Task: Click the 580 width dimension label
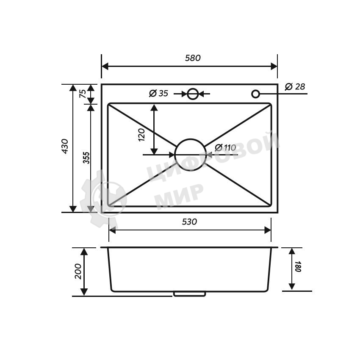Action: (193, 58)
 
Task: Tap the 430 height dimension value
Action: (65, 146)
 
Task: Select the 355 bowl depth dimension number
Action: (86, 158)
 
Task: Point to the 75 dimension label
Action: (83, 94)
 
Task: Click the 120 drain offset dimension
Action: (141, 135)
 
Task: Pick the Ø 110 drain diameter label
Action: (225, 148)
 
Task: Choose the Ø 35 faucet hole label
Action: (159, 93)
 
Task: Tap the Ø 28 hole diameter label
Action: (295, 86)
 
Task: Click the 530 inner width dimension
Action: (189, 222)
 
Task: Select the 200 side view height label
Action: (78, 271)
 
